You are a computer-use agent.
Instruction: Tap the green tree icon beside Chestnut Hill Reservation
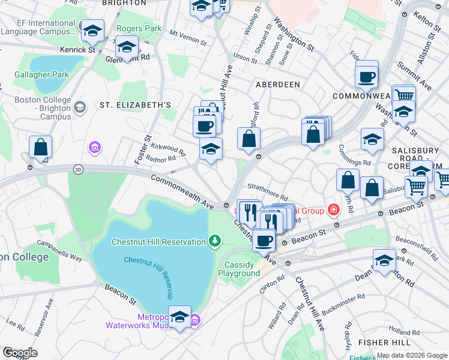[x=214, y=241]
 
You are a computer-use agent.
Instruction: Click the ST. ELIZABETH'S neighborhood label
[x=136, y=104]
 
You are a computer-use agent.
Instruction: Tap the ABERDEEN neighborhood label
[x=277, y=85]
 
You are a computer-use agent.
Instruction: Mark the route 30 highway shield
[x=78, y=170]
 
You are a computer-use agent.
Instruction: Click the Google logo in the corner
[x=20, y=352]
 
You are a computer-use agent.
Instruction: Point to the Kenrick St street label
[x=77, y=50]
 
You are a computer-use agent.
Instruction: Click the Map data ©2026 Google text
[x=411, y=355]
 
